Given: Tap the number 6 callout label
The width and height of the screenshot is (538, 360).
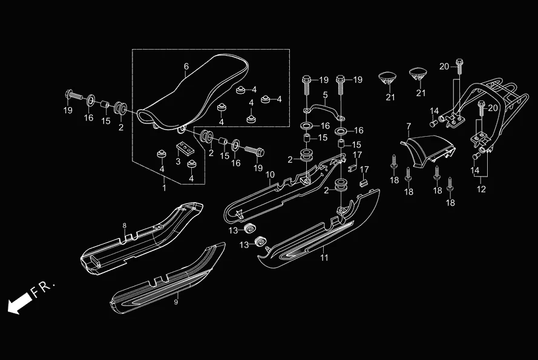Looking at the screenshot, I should pos(186,67).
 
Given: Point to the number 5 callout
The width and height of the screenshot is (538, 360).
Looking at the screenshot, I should pos(325,95).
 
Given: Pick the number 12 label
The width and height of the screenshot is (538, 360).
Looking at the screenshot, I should pos(481,189).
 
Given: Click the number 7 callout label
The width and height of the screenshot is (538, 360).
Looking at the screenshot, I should pos(408,126).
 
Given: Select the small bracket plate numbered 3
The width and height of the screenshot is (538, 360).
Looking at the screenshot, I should pos(184,147).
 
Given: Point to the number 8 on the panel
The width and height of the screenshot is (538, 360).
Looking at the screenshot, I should pos(125,226).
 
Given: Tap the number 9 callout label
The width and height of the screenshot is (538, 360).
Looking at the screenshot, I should pos(176,301).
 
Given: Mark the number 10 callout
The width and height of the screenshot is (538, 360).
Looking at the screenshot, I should pos(270,175).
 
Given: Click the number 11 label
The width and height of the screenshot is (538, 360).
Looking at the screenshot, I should pos(324,258).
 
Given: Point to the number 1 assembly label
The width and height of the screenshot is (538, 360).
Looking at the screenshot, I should pos(163,189).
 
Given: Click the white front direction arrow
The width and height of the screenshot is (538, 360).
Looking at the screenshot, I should pos(18,303).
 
